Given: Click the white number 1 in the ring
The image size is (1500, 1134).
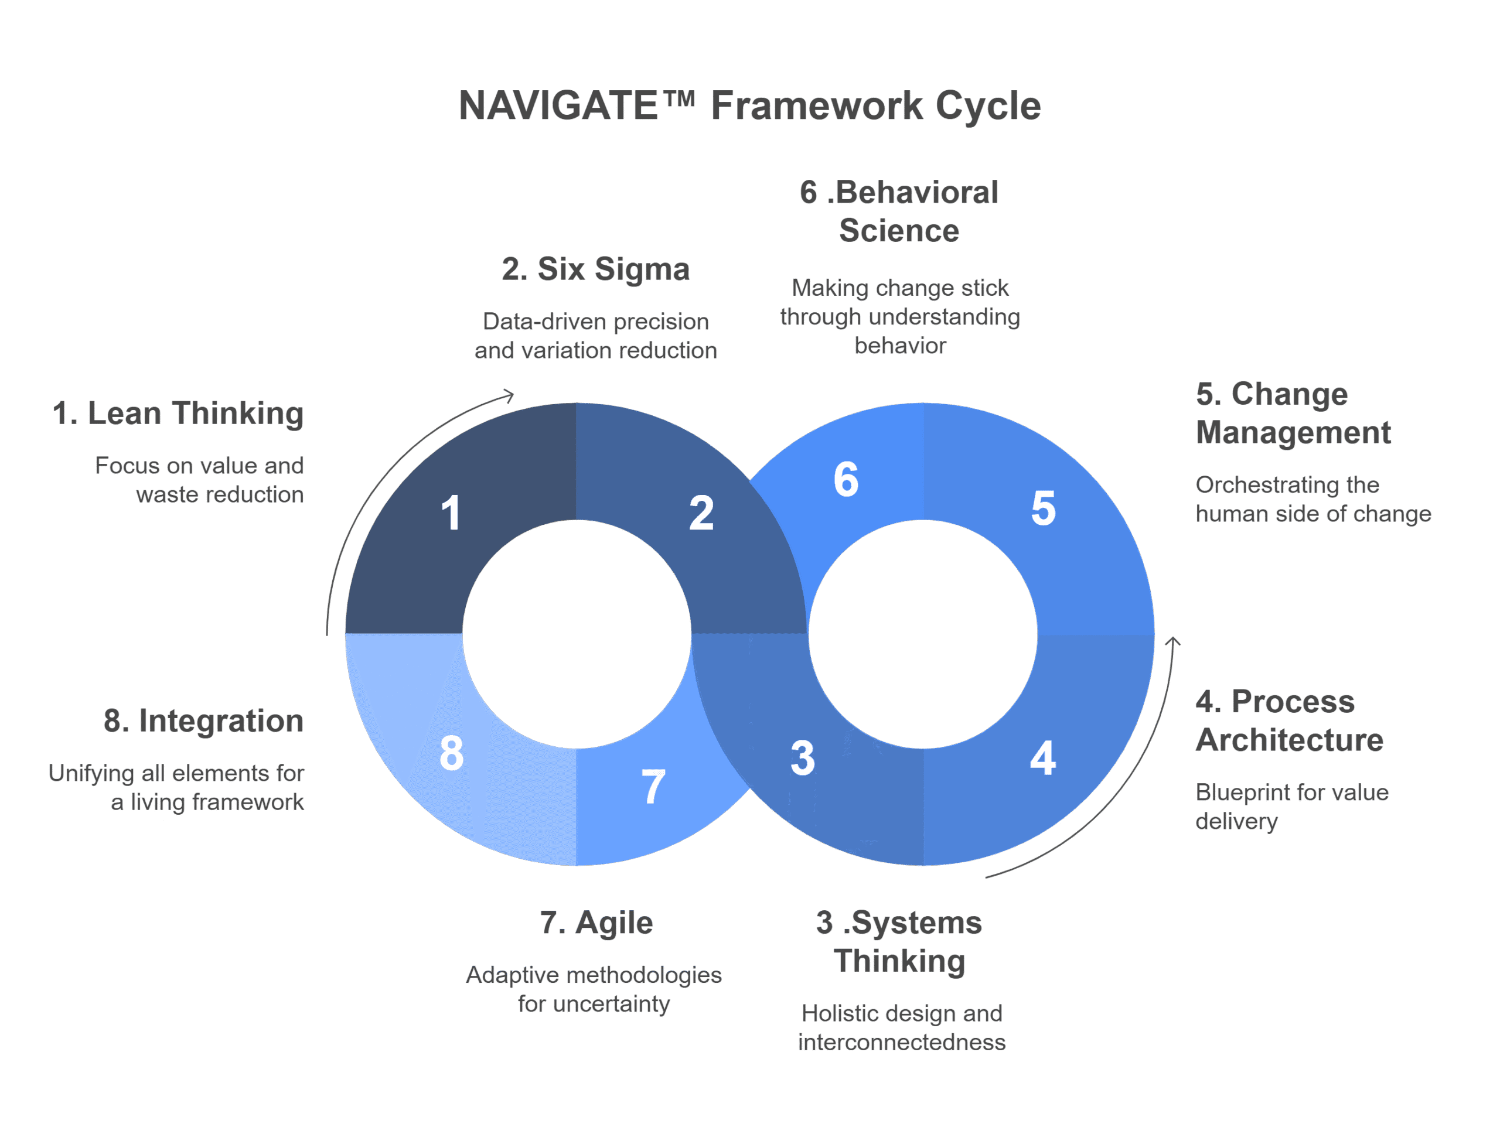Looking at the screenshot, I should [x=451, y=513].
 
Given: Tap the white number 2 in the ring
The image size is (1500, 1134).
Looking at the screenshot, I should [x=701, y=513].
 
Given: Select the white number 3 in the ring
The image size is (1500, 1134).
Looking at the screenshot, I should [x=802, y=759].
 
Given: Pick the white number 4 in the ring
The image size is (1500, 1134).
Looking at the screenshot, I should [x=1042, y=759].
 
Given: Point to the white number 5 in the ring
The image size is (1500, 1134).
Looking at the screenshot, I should [x=1043, y=508].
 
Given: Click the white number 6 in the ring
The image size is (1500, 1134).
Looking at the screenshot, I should [x=846, y=480].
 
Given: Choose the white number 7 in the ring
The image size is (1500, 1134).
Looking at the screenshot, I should [x=653, y=787].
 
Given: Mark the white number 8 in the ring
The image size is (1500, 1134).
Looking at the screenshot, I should [x=452, y=753].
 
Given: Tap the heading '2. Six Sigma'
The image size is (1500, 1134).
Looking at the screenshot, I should [x=595, y=269].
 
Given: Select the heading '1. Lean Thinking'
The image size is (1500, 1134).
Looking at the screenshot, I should [x=178, y=414].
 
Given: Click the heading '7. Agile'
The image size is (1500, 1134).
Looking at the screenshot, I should [x=596, y=923].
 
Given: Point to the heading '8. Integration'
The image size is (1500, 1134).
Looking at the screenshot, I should [x=203, y=720].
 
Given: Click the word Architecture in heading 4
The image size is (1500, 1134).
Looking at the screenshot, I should [x=1289, y=740].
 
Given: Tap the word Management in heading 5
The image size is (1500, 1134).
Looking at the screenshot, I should [x=1293, y=432].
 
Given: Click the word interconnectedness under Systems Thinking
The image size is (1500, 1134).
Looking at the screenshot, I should [x=901, y=1042].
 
